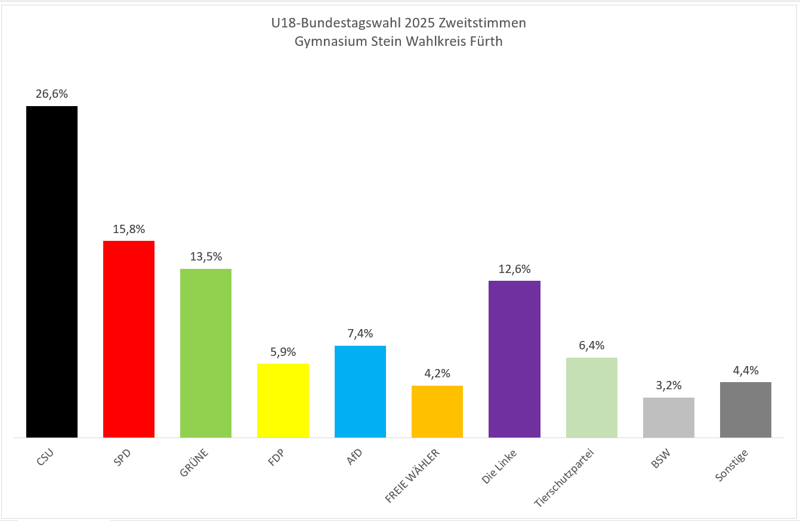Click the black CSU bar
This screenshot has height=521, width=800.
click(51, 271)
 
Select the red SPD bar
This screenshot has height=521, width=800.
click(129, 339)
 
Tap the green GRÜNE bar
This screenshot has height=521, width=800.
click(206, 353)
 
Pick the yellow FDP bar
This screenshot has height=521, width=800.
click(283, 400)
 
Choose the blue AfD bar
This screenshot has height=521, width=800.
click(360, 391)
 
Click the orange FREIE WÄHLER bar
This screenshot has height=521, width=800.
click(437, 411)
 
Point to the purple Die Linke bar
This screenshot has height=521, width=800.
click(514, 359)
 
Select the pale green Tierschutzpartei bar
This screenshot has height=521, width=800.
click(591, 397)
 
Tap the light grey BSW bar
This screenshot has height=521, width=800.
click(669, 417)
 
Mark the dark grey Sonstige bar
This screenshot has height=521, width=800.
click(746, 410)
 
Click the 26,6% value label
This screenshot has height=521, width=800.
click(51, 94)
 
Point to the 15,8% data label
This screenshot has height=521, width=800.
click(129, 229)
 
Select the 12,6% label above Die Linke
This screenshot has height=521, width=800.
click(514, 269)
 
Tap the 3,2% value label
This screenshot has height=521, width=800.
click(669, 385)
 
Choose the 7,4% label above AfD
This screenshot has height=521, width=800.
click(360, 334)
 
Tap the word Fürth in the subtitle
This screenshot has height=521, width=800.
click(486, 42)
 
